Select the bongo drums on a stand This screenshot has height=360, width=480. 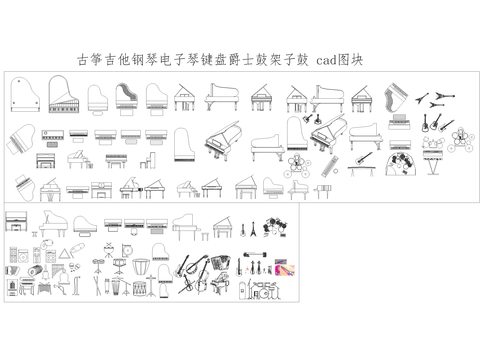(102, 262)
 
